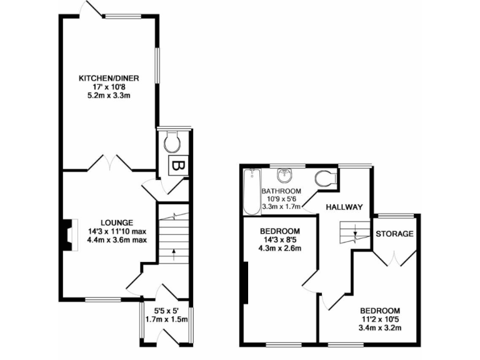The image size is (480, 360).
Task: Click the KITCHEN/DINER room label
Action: coord(108,78)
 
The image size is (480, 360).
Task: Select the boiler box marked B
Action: coord(177,167)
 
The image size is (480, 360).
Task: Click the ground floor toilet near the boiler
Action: coord(173,144)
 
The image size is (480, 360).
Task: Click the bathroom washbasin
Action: coord(285,174)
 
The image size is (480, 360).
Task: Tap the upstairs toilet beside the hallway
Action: coord(326,178)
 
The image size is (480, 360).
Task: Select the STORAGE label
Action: coord(394,234)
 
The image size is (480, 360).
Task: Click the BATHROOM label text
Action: coord(281,191)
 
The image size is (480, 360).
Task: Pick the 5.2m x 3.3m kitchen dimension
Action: coord(108,96)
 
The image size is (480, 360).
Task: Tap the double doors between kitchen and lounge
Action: coord(108,162)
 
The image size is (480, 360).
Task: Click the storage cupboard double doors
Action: coord(394,256)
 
